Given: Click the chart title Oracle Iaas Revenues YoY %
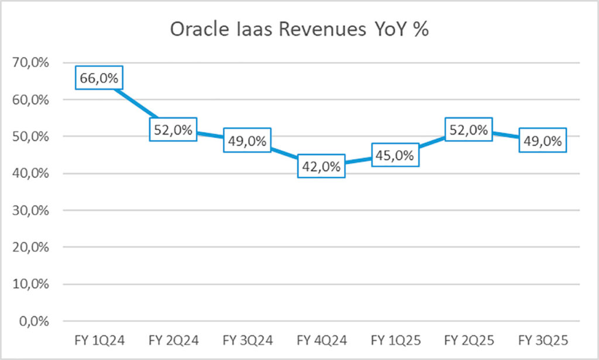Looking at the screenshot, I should coord(299,30).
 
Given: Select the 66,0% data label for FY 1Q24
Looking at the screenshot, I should coord(99,78).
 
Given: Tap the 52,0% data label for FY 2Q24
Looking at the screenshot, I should coord(173,129).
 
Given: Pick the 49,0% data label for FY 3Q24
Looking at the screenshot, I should coord(247,140).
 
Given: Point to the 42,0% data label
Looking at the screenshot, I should coord(321,166).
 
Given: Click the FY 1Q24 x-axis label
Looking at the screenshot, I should coord(99,340).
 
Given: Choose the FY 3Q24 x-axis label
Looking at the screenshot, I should coord(247,340).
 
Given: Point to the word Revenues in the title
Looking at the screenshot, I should coord(322,30).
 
